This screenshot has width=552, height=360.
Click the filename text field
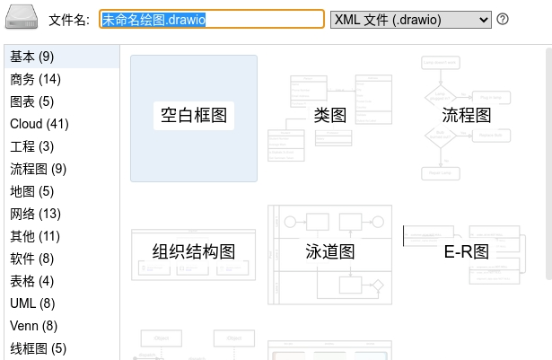pyautogui.click(x=212, y=20)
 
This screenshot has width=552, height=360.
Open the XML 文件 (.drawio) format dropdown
pyautogui.click(x=411, y=20)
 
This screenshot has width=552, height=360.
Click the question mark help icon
pyautogui.click(x=503, y=19)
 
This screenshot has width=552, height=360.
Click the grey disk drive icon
pyautogui.click(x=22, y=17)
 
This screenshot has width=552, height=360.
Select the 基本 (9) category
pyautogui.click(x=31, y=57)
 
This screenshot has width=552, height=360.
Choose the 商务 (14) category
pyautogui.click(x=35, y=79)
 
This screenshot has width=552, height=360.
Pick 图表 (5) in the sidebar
pyautogui.click(x=31, y=101)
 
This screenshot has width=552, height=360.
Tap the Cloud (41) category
pyautogui.click(x=39, y=124)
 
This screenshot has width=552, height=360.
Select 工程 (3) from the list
pyautogui.click(x=31, y=146)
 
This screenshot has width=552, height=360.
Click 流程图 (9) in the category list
pyautogui.click(x=38, y=169)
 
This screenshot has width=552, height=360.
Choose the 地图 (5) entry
pyautogui.click(x=31, y=191)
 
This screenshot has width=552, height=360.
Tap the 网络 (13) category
pyautogui.click(x=35, y=214)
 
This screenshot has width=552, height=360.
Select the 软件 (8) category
pyautogui.click(x=31, y=259)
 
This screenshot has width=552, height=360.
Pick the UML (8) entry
pyautogui.click(x=32, y=303)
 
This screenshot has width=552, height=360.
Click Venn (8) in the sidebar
pyautogui.click(x=33, y=326)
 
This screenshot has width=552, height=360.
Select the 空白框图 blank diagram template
pyautogui.click(x=194, y=119)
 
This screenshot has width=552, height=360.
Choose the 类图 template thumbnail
pyautogui.click(x=330, y=119)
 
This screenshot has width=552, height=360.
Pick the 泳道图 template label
pyautogui.click(x=330, y=252)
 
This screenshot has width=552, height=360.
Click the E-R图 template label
pyautogui.click(x=466, y=252)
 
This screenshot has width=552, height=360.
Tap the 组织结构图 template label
pyautogui.click(x=194, y=252)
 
